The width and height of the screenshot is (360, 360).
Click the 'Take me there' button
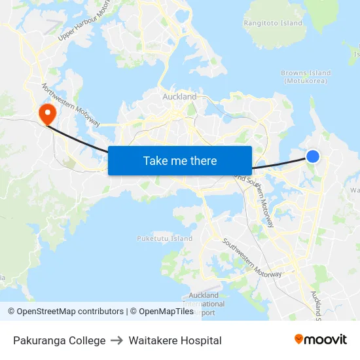[180, 160]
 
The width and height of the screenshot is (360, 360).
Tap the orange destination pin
[47, 115]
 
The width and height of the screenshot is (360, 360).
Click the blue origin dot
[313, 156]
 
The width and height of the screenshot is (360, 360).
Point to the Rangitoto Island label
[273, 24]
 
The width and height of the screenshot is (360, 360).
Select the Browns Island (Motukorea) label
[306, 77]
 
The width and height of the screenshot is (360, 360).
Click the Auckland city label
[179, 97]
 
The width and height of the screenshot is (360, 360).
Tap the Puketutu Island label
[165, 239]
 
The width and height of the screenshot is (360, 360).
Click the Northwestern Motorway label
[71, 105]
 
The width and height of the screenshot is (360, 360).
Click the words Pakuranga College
[59, 340]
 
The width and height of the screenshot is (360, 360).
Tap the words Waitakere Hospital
[175, 340]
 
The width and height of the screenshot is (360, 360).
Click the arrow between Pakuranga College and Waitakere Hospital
[117, 340]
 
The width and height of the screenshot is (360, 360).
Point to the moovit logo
[321, 340]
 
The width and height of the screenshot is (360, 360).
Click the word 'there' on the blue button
[202, 160]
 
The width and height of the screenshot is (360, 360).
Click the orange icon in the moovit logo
[299, 339]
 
